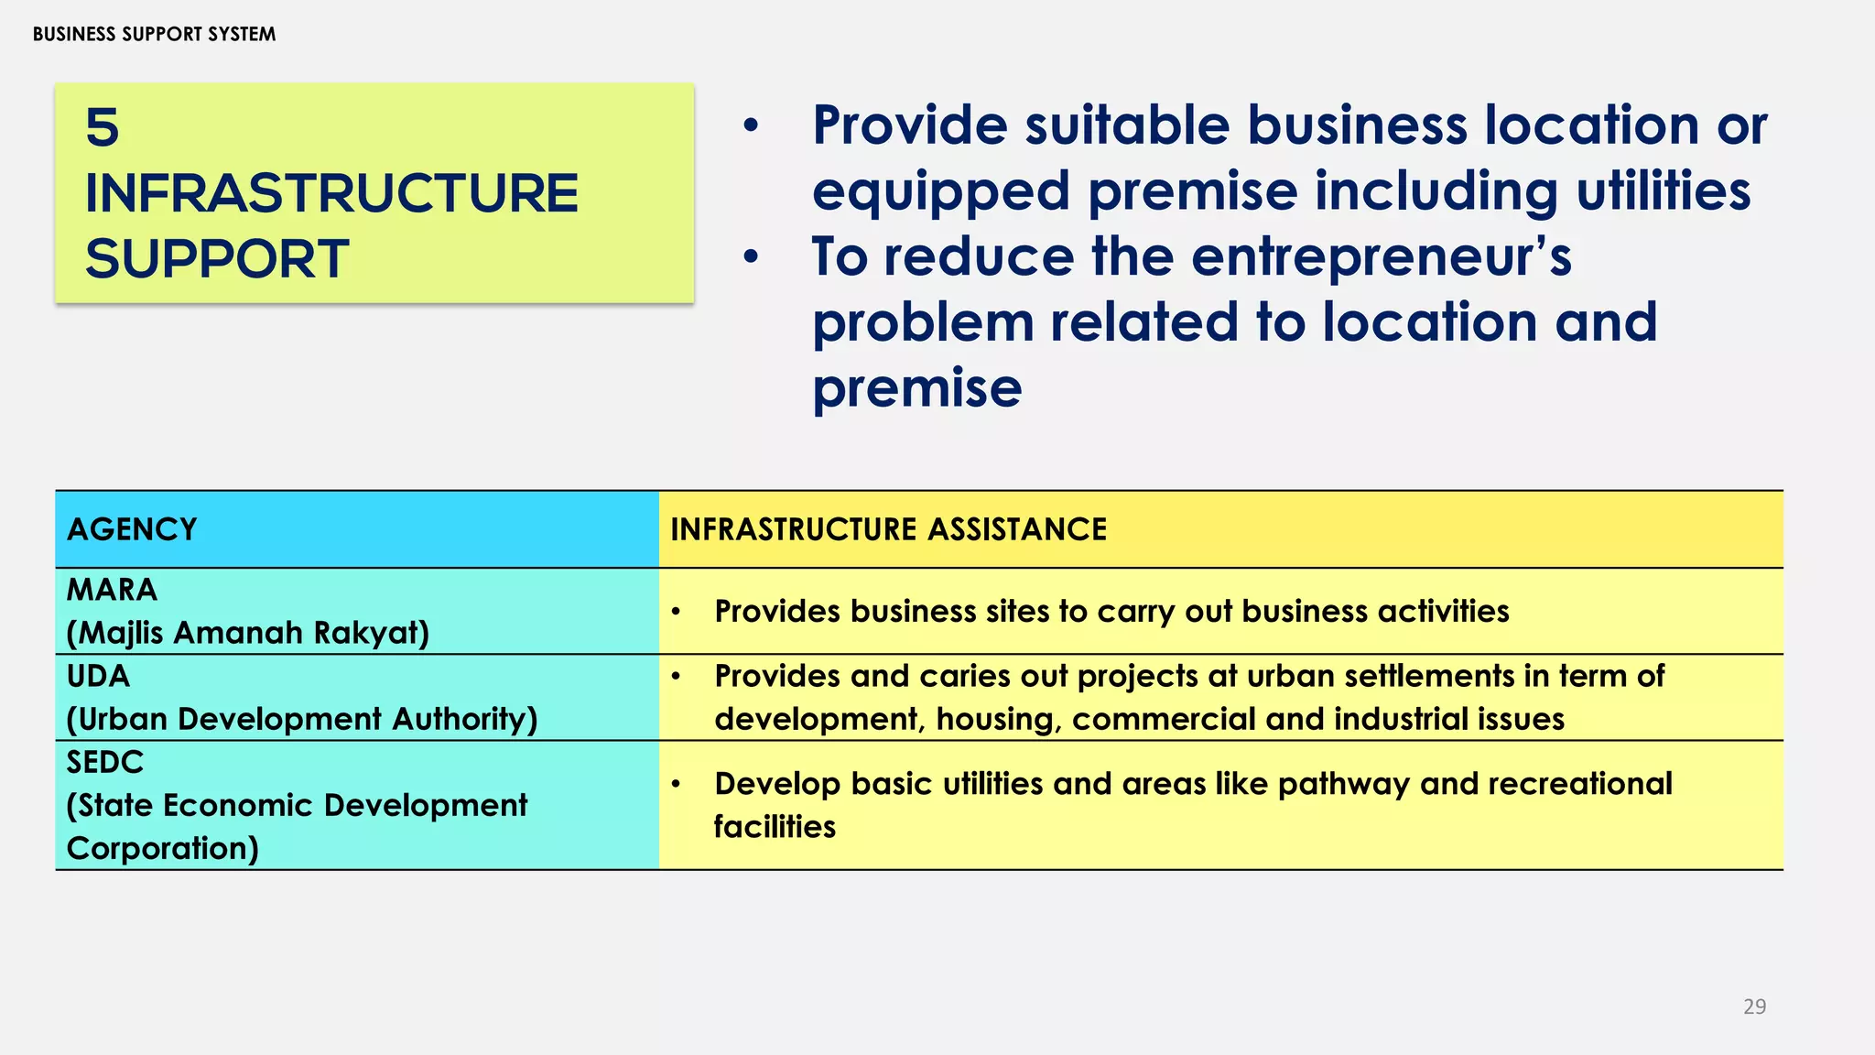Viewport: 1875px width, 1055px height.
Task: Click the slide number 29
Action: tap(1754, 1006)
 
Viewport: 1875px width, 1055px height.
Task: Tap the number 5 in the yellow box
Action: tap(103, 127)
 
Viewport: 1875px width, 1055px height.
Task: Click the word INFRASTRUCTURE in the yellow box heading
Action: tap(331, 193)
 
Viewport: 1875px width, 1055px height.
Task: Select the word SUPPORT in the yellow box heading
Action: tap(217, 259)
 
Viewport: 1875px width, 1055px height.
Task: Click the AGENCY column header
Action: tap(132, 529)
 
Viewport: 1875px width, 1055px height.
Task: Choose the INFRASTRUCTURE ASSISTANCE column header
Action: tap(888, 529)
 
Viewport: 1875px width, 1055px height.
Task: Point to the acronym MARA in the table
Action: tap(112, 590)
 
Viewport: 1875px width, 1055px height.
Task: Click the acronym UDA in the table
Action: tap(98, 676)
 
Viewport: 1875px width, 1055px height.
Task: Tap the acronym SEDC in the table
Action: tap(105, 762)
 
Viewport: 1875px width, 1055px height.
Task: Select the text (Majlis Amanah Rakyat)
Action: tap(247, 633)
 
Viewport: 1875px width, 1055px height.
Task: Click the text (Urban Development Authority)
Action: tap(301, 719)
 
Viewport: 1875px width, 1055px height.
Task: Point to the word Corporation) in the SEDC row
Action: tap(163, 848)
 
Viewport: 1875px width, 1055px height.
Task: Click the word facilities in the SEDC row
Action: tap(775, 827)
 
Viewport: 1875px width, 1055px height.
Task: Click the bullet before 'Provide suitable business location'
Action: tap(751, 126)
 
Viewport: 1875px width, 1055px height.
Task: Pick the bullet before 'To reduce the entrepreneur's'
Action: tap(751, 258)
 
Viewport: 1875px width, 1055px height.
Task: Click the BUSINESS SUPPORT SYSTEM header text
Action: tap(154, 34)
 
